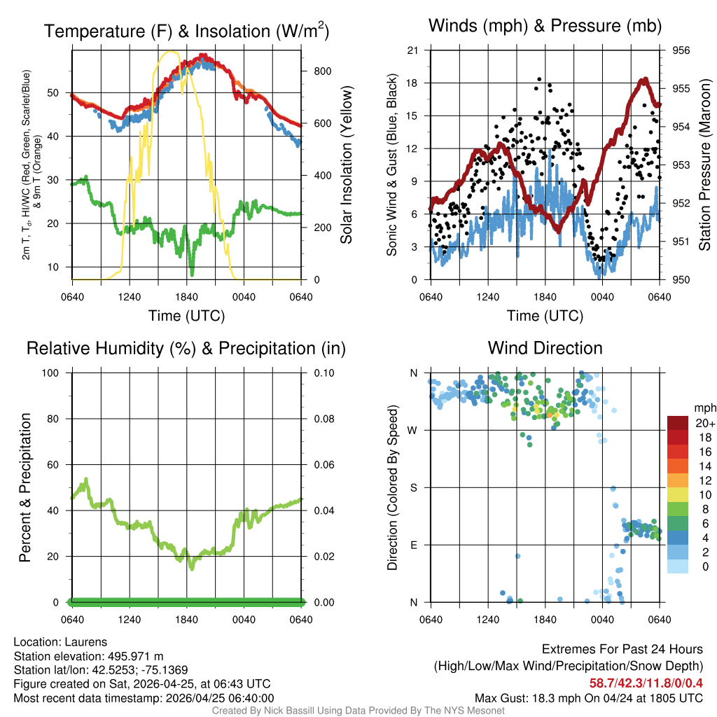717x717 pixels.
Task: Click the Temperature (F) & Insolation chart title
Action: [x=187, y=31]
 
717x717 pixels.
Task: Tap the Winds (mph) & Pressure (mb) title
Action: [x=545, y=27]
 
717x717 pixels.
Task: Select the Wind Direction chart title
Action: [x=545, y=348]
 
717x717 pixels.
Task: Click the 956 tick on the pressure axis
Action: [x=681, y=50]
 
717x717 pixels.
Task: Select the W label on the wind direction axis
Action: [x=413, y=430]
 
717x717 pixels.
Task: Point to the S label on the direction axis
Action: [x=414, y=487]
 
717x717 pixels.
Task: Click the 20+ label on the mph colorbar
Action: [x=704, y=423]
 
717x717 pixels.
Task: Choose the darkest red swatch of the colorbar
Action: [x=678, y=422]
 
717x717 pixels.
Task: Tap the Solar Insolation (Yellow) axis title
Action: [x=347, y=165]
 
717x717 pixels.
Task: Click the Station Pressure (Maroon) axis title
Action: [x=705, y=165]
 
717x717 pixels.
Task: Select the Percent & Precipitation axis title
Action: [x=25, y=487]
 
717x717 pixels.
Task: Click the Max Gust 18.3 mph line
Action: [x=589, y=697]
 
